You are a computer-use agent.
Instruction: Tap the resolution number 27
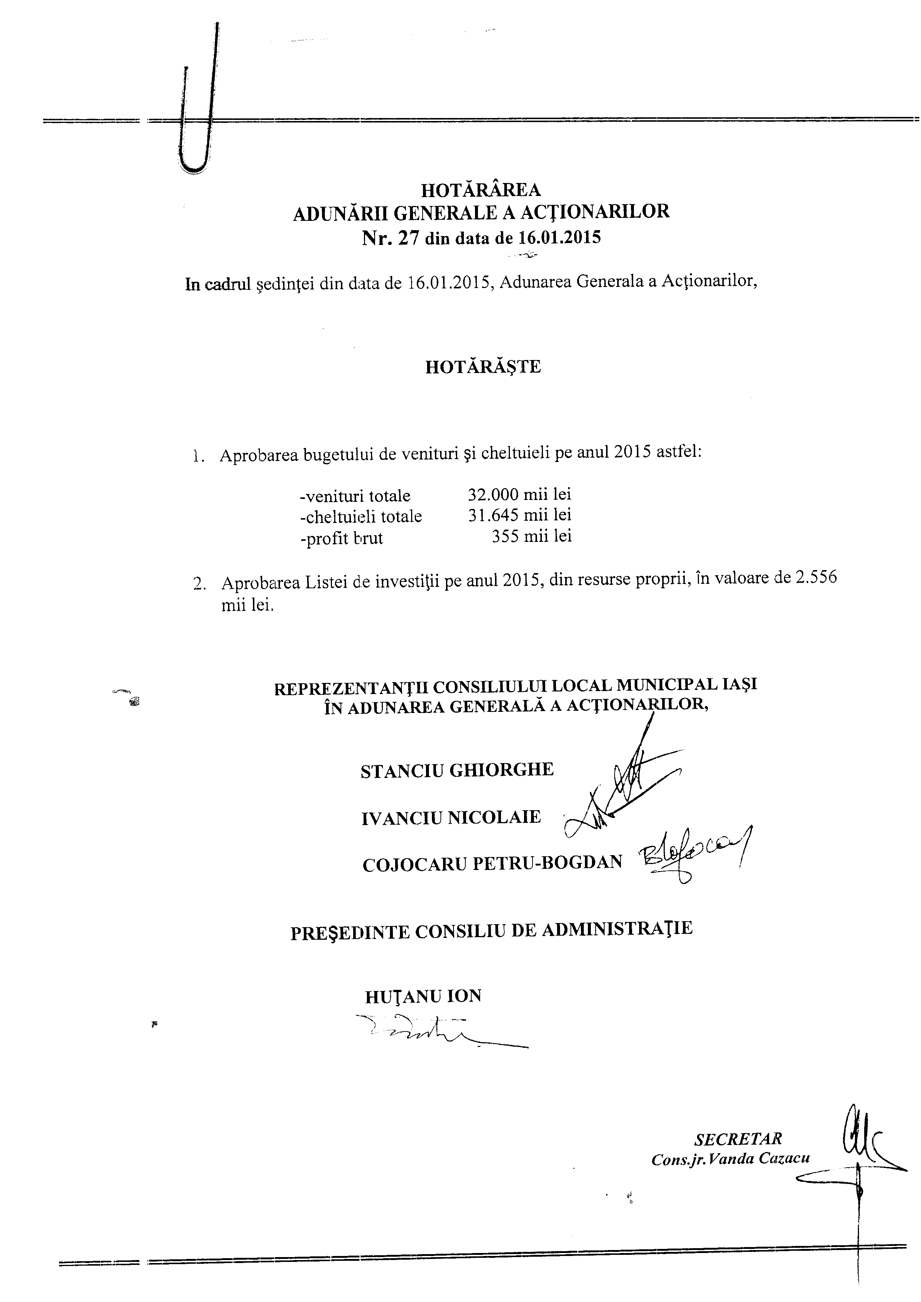408,238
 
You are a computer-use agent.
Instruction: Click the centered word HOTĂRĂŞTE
483,367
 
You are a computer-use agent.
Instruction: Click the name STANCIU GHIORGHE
457,771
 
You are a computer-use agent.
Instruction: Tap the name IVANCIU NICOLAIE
451,818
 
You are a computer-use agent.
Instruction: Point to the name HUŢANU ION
423,996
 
